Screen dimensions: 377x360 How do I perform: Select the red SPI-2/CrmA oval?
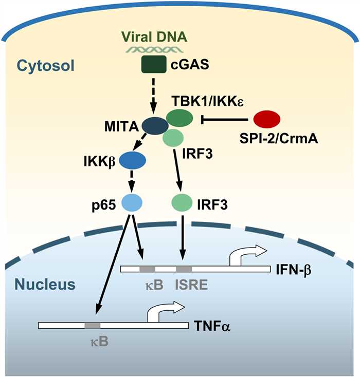coord(267,119)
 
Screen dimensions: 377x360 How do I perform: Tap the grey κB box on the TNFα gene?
coord(93,325)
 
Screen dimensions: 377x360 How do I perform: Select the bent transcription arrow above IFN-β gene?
coord(246,253)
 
